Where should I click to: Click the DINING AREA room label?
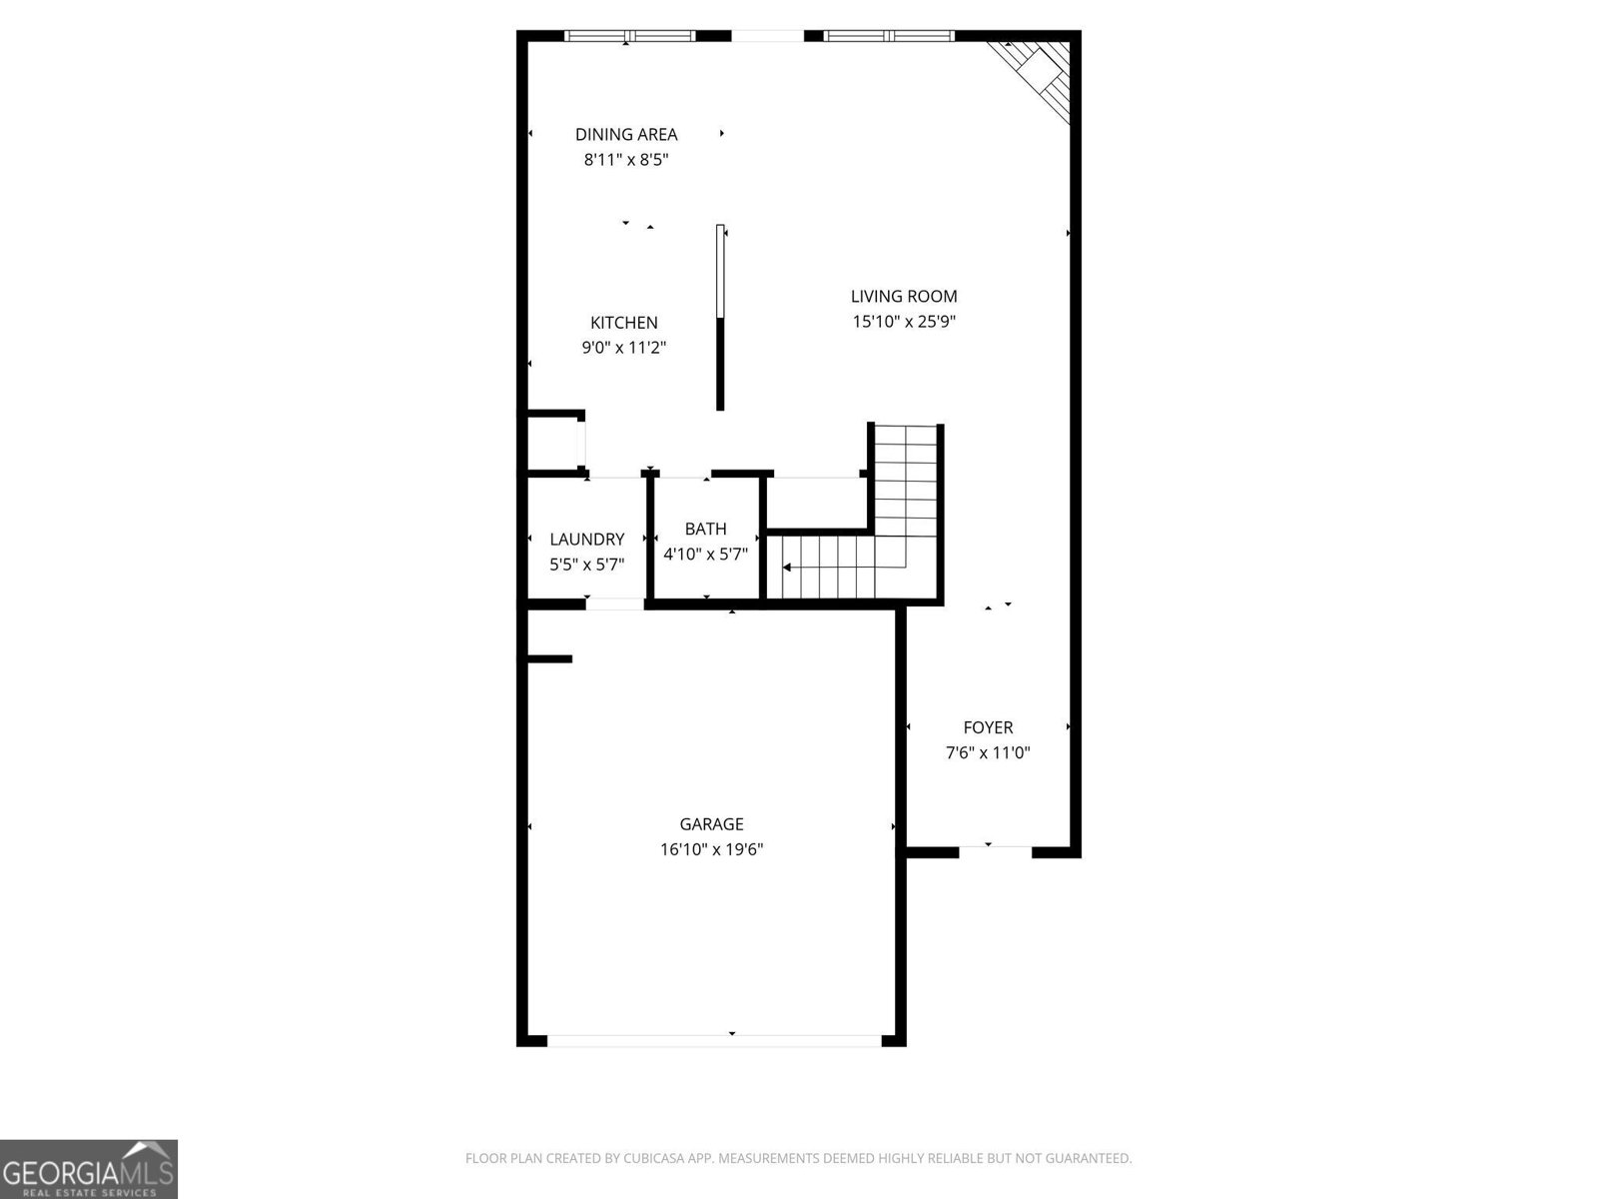626,134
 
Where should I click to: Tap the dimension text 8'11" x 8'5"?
626,159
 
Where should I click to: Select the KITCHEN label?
624,323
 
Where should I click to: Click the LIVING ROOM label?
904,296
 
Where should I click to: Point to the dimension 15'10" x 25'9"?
904,322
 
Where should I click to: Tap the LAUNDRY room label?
587,540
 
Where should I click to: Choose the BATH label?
705,529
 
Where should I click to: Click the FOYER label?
988,727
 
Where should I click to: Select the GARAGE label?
711,824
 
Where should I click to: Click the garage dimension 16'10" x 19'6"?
711,850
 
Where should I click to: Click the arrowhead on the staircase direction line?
787,568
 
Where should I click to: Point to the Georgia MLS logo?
89,1168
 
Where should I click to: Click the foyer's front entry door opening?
995,851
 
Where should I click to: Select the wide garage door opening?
714,1040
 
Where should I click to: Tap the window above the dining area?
629,36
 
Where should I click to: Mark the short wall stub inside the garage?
548,658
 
